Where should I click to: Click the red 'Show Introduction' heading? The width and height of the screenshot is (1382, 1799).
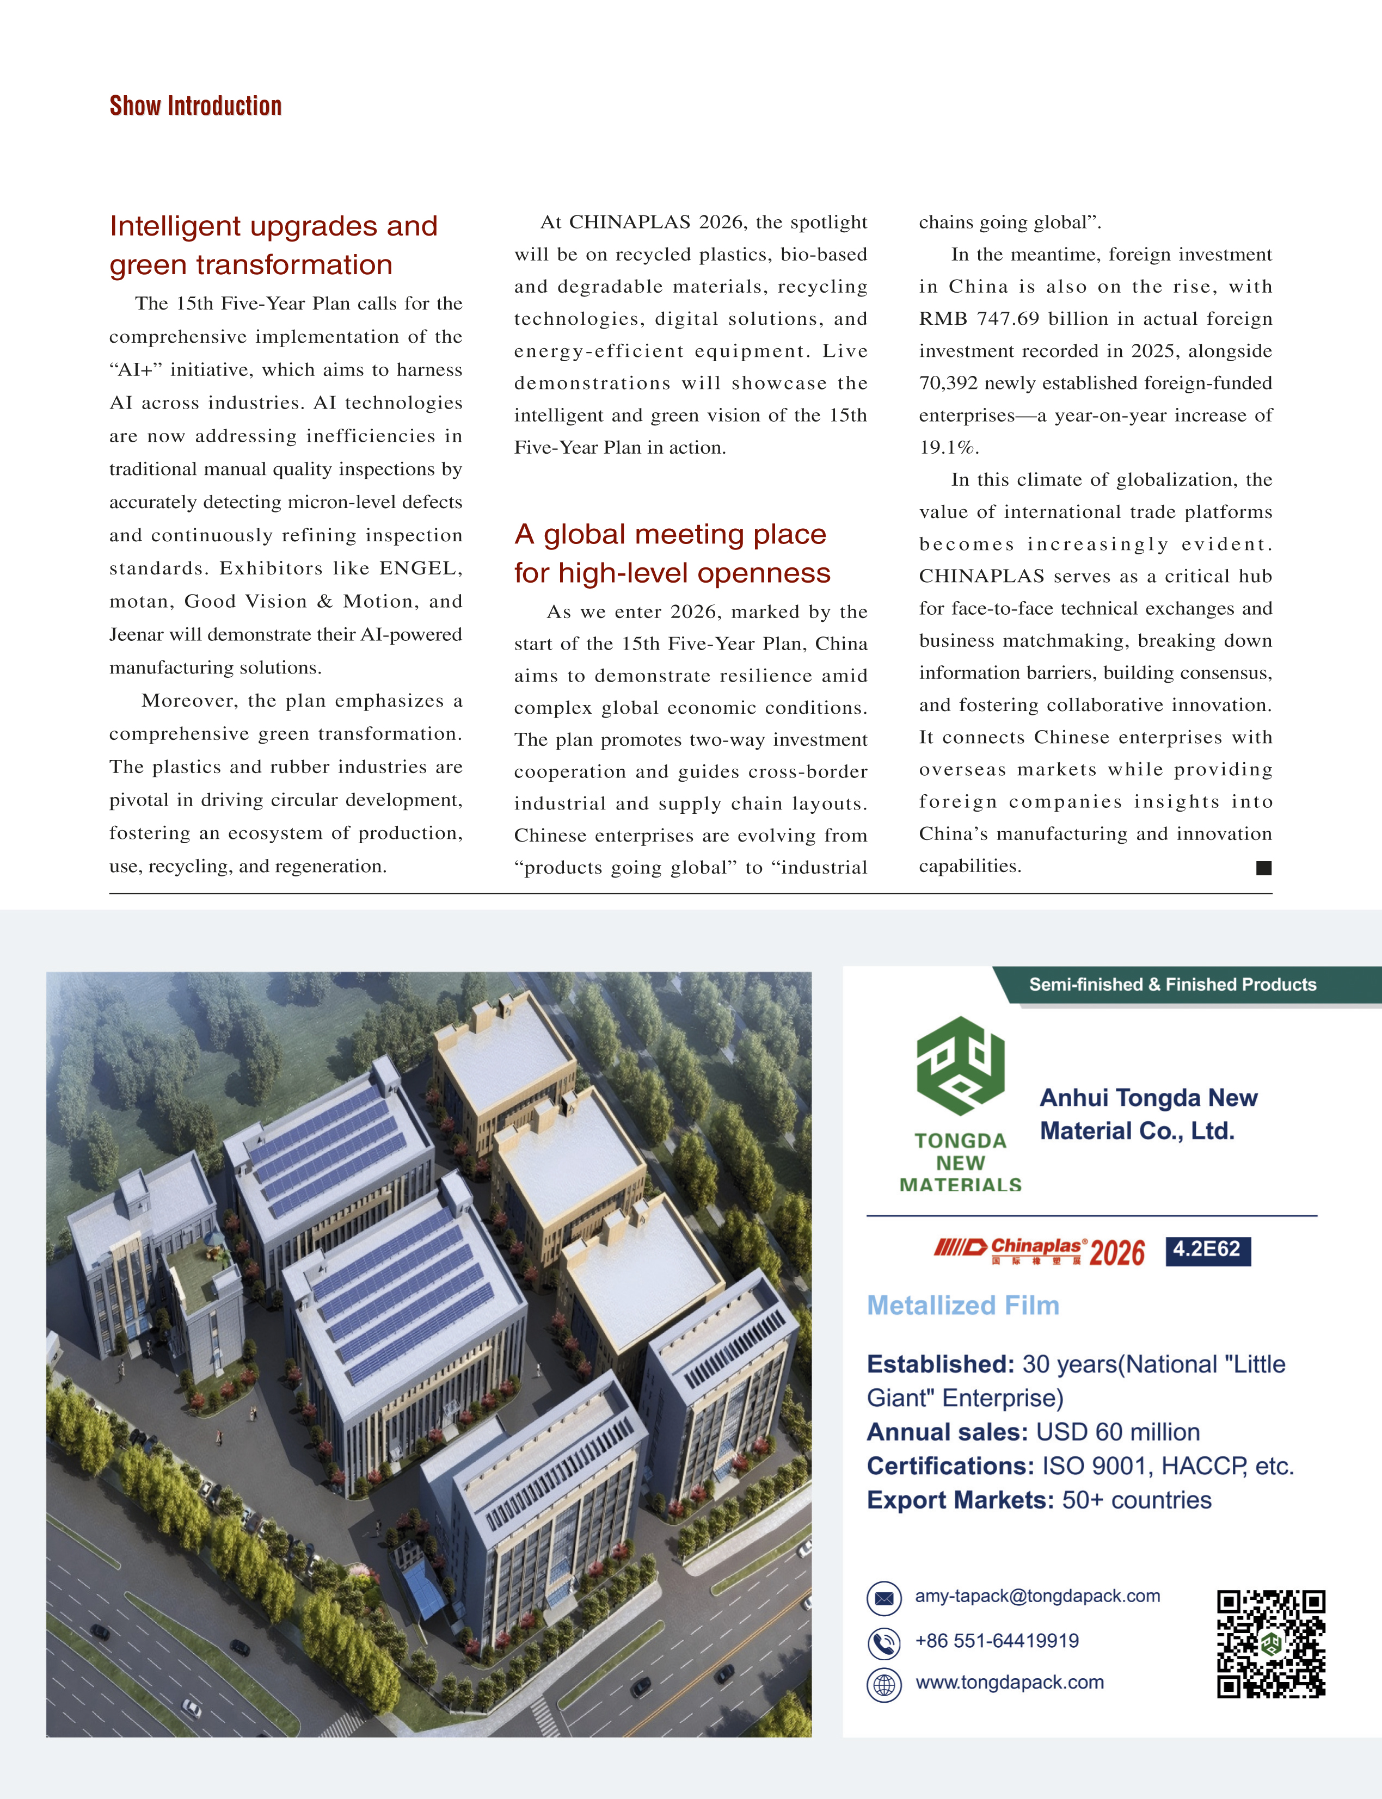click(x=196, y=106)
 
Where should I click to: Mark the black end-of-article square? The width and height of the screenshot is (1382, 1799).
click(x=1263, y=868)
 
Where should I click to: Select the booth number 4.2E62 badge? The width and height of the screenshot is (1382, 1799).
click(x=1207, y=1250)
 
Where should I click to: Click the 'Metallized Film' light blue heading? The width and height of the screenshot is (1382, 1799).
click(x=962, y=1306)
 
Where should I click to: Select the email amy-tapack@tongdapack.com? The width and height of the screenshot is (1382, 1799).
click(x=1037, y=1596)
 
